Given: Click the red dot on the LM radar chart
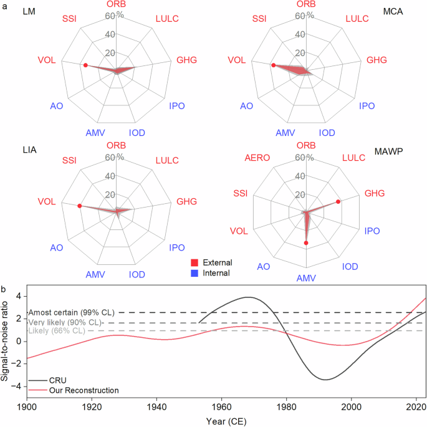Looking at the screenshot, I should click(85, 65).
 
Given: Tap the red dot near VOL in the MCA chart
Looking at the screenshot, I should click(273, 65).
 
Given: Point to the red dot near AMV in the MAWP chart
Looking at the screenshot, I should click(306, 242).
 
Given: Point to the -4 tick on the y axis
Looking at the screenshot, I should click(19, 386).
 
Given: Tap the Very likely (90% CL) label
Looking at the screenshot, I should click(64, 322).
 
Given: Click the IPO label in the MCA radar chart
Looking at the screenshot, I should click(367, 106).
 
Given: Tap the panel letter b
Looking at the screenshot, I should click(5, 289).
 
